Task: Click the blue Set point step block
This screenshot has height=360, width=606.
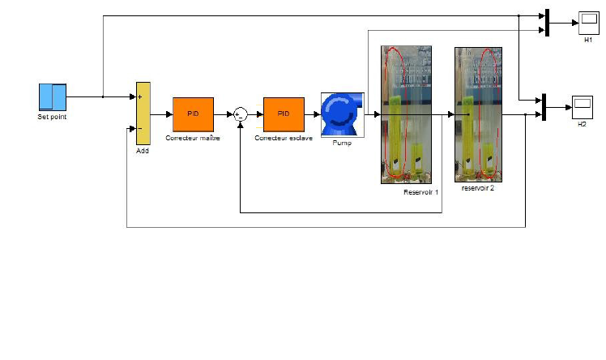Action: click(x=53, y=96)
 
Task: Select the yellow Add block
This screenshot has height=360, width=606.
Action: click(x=143, y=113)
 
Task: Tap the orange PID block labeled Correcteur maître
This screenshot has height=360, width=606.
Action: click(x=193, y=114)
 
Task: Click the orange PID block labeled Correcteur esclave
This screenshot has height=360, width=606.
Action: click(x=284, y=114)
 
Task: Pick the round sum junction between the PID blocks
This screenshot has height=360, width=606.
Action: click(x=240, y=115)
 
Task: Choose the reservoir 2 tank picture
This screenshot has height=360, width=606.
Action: click(x=477, y=114)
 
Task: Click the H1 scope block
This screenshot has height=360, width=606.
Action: click(x=587, y=23)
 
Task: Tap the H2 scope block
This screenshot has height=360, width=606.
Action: click(x=582, y=107)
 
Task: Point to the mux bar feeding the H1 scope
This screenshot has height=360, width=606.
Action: click(x=548, y=23)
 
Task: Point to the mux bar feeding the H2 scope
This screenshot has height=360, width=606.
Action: click(x=544, y=107)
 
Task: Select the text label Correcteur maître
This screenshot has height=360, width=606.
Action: click(x=193, y=139)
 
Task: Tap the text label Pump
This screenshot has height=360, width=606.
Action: click(x=341, y=144)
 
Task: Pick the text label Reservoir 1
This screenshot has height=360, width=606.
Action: click(x=420, y=192)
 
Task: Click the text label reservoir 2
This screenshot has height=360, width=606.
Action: click(x=477, y=187)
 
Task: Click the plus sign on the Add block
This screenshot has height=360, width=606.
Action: click(x=140, y=97)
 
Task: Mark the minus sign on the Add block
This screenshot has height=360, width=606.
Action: click(x=140, y=128)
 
